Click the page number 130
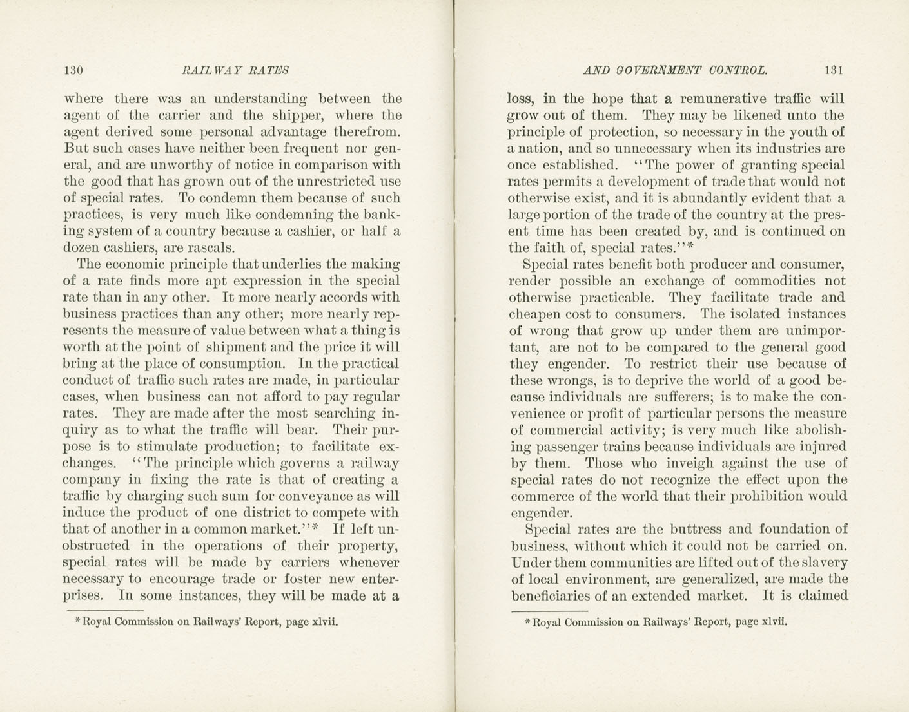tap(73, 70)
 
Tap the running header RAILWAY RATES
tap(235, 70)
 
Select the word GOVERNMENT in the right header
tap(658, 70)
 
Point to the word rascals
tap(210, 248)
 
